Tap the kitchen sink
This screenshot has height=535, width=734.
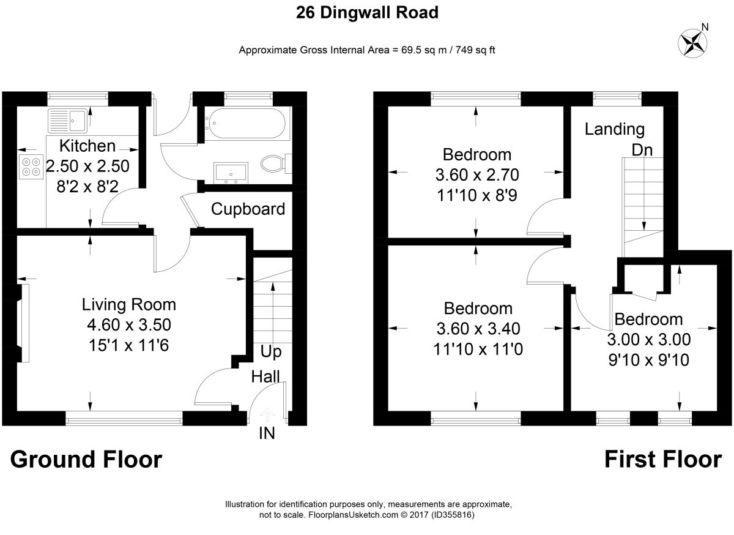68,120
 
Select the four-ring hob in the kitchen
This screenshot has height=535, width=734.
31,167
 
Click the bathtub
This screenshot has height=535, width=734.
245,123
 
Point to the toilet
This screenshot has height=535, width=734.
276,163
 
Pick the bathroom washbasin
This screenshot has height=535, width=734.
231,173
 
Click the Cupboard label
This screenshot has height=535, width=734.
248,209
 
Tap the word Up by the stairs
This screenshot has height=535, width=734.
271,352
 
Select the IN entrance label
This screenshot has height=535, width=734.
267,433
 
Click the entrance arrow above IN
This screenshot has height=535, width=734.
267,414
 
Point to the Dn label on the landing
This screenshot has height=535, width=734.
642,150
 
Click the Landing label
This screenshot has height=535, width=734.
615,129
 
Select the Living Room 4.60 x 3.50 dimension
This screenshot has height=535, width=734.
129,325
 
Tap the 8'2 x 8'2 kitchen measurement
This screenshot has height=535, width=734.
87,187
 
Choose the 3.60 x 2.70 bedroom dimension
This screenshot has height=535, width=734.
477,175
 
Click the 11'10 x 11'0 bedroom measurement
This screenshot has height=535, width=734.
478,349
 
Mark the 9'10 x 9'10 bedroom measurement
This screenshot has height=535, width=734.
649,360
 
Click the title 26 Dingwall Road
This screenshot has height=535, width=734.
367,13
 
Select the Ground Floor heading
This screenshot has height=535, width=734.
86,460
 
